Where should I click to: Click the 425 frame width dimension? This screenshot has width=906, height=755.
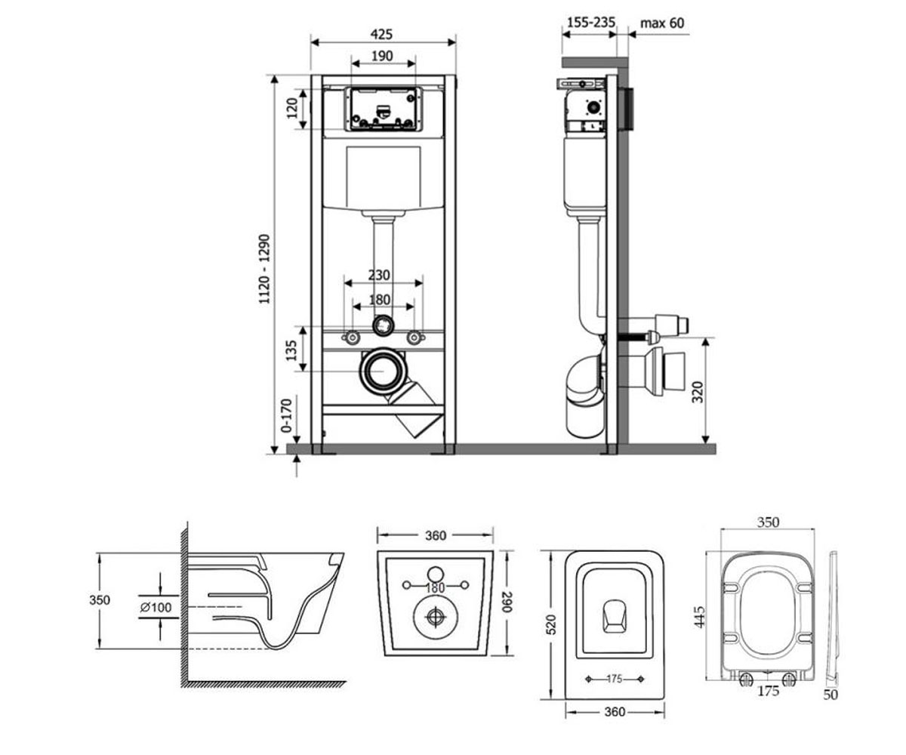(x=382, y=34)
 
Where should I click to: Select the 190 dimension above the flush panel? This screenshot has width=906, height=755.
(x=382, y=56)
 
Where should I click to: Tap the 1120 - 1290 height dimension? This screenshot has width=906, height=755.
(x=264, y=269)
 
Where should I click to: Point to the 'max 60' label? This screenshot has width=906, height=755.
(x=662, y=23)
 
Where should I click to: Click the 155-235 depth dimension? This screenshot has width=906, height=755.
(x=591, y=22)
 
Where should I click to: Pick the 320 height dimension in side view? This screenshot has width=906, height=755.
(x=698, y=392)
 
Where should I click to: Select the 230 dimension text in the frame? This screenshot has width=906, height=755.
(x=379, y=275)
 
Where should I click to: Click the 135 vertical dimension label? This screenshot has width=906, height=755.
(x=291, y=350)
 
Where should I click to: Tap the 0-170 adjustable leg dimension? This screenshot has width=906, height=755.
(x=286, y=416)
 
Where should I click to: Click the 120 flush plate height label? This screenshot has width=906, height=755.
(x=292, y=108)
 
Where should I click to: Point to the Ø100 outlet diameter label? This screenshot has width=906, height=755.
(x=156, y=607)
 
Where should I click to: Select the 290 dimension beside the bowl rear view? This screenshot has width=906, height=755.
(x=507, y=602)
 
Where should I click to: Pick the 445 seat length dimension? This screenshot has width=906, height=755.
(x=699, y=617)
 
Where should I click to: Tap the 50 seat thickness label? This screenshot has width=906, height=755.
(x=830, y=695)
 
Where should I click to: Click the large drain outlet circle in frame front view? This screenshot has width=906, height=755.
(x=383, y=371)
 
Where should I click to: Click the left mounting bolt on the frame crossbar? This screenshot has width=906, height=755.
(x=352, y=337)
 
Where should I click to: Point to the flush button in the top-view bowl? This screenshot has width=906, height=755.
(x=615, y=616)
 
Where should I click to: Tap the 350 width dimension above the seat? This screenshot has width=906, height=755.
(x=768, y=522)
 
